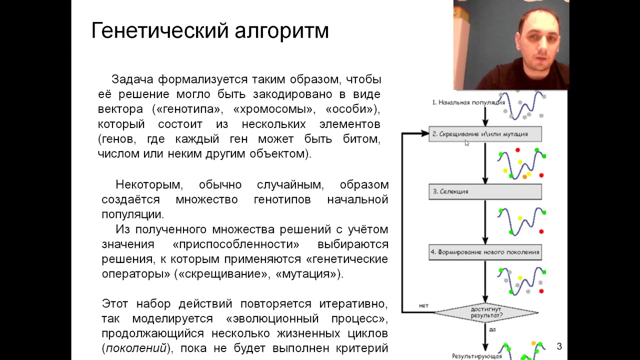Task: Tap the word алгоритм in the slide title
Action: (x=283, y=31)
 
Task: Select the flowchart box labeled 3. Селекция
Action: (x=484, y=192)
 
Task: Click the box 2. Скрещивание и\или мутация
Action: (x=484, y=134)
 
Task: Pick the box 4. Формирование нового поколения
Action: (x=484, y=252)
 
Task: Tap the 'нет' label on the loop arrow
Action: (x=423, y=305)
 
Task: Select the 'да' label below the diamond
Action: (x=492, y=330)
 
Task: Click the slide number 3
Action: (x=559, y=346)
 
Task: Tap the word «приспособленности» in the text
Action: (x=236, y=244)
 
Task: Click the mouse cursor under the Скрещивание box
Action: (x=467, y=143)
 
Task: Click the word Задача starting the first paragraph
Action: (x=131, y=79)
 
